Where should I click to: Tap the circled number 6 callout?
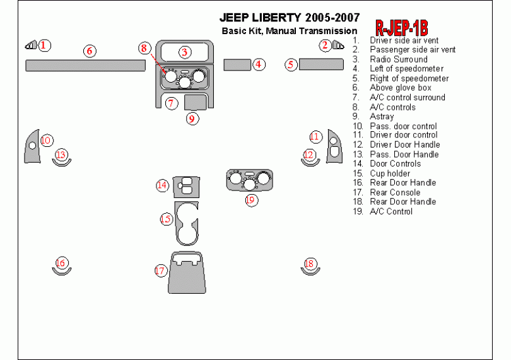pyautogui.click(x=90, y=50)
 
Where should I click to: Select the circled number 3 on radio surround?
pyautogui.click(x=185, y=52)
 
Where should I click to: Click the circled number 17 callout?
pyautogui.click(x=160, y=270)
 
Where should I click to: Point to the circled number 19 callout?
pyautogui.click(x=251, y=200)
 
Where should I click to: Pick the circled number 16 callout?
pyautogui.click(x=61, y=263)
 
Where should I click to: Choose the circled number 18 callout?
pyautogui.click(x=309, y=264)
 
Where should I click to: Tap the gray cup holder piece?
pyautogui.click(x=187, y=223)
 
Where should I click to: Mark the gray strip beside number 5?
pyautogui.click(x=321, y=64)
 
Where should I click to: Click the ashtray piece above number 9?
pyautogui.click(x=196, y=102)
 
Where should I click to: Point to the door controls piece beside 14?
pyautogui.click(x=187, y=185)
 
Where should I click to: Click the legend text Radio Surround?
pyautogui.click(x=398, y=59)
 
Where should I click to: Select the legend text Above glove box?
pyautogui.click(x=400, y=88)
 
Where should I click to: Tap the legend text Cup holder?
pyautogui.click(x=389, y=173)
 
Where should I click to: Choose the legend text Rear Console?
pyautogui.click(x=394, y=192)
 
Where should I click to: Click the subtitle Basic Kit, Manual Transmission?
pyautogui.click(x=289, y=31)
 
